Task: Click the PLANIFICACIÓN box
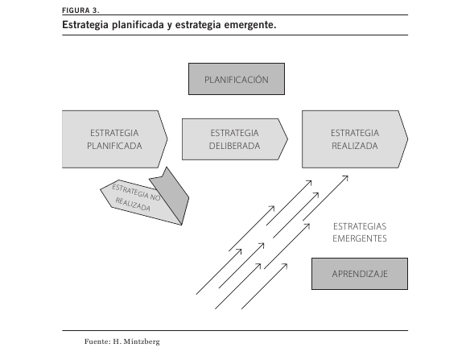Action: click(237, 79)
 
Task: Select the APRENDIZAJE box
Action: click(360, 274)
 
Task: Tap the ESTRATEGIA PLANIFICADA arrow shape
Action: click(114, 139)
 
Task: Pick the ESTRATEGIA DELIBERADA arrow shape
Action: click(235, 139)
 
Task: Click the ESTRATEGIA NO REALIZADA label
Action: click(136, 197)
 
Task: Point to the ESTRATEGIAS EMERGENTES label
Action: click(360, 233)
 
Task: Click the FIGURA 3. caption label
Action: click(80, 10)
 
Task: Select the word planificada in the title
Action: click(138, 25)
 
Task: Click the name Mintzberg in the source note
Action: click(142, 341)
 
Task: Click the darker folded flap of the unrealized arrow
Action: click(172, 195)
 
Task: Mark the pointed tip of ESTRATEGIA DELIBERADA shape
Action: click(288, 139)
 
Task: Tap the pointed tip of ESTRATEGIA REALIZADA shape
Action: click(408, 139)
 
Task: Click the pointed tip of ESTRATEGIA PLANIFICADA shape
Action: click(167, 139)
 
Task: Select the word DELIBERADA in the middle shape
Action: click(234, 146)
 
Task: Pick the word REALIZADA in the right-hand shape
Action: click(355, 146)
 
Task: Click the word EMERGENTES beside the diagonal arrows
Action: click(360, 238)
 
